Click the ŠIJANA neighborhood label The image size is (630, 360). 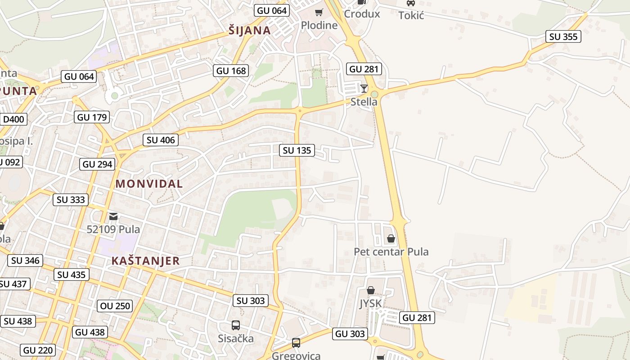click(x=249, y=31)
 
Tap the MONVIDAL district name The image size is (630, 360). click(x=149, y=184)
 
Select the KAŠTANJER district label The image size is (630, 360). click(x=145, y=261)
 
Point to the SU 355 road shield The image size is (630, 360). click(x=563, y=37)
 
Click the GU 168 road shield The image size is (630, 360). click(x=231, y=71)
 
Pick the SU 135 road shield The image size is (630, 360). click(x=297, y=150)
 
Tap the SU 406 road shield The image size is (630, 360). click(x=161, y=140)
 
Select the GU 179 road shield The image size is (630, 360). click(x=92, y=117)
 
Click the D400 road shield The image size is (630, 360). click(x=14, y=120)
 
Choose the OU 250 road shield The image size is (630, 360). click(x=115, y=306)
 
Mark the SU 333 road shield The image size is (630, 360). click(x=71, y=199)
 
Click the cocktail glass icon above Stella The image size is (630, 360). click(x=364, y=89)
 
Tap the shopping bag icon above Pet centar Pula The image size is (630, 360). click(x=391, y=238)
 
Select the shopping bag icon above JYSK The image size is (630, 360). click(x=370, y=291)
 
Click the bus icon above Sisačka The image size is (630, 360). click(x=235, y=325)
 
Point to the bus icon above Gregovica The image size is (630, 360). click(x=296, y=343)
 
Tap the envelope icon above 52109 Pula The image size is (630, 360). click(x=113, y=216)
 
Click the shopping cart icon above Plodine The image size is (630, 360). click(x=319, y=13)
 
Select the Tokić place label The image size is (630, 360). click(x=411, y=15)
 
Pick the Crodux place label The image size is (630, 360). click(x=362, y=14)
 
